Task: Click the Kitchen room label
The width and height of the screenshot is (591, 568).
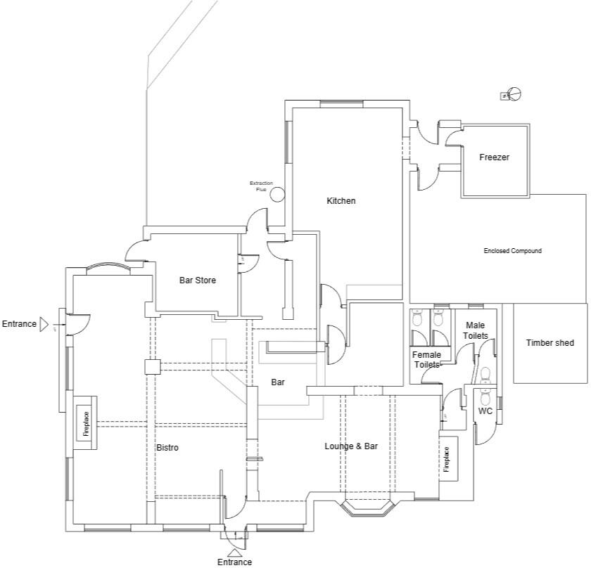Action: [x=341, y=201]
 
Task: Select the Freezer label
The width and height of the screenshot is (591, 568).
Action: [x=494, y=157]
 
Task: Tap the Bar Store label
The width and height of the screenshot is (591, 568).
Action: [x=198, y=280]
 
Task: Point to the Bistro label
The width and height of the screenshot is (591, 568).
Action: [x=167, y=447]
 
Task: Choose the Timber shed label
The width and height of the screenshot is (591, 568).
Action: [x=549, y=343]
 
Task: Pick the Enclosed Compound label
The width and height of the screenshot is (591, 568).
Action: [x=512, y=251]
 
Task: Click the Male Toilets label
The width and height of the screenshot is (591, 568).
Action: [x=475, y=331]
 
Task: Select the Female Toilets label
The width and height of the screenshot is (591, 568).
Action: [x=426, y=359]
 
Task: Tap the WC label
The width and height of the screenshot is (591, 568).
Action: [x=485, y=411]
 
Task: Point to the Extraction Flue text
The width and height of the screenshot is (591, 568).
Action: [x=261, y=186]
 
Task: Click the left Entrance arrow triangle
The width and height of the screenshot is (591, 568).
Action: [x=44, y=324]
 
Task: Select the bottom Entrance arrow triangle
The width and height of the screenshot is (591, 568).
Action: [x=235, y=553]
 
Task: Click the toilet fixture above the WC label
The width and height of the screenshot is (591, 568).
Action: [x=485, y=375]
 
